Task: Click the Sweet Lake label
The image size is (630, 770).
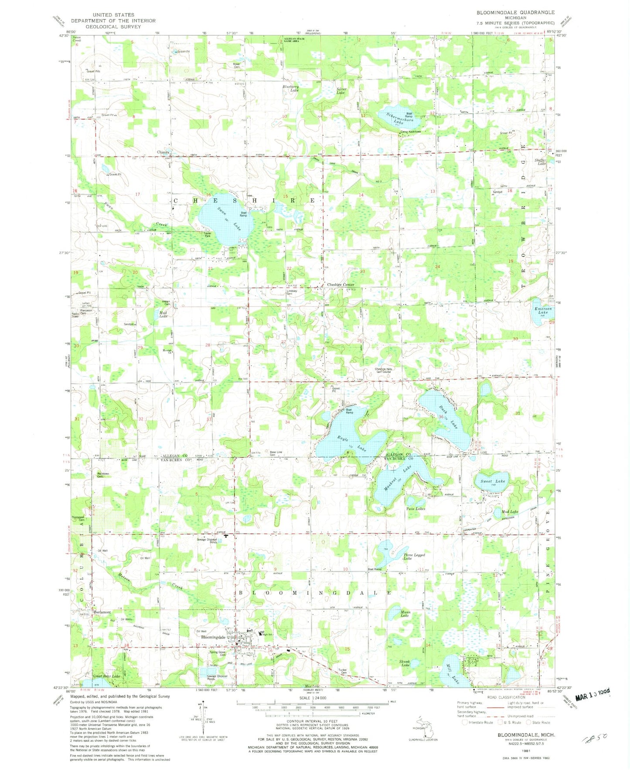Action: click(x=493, y=481)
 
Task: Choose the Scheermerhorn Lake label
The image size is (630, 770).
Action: click(x=391, y=117)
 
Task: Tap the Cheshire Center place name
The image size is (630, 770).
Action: click(x=341, y=285)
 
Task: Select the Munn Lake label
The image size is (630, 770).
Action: click(x=405, y=614)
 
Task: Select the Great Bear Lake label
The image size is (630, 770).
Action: click(x=106, y=676)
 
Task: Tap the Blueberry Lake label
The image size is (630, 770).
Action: click(x=291, y=88)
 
